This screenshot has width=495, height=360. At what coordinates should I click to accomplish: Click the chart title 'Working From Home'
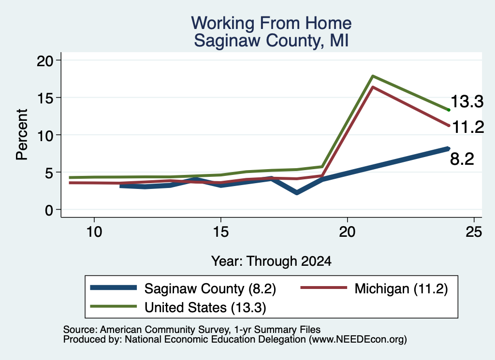pyautogui.click(x=271, y=23)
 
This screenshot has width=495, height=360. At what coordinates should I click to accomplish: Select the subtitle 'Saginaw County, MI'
pyautogui.click(x=271, y=41)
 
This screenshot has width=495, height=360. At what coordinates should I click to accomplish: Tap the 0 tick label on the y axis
pyautogui.click(x=49, y=210)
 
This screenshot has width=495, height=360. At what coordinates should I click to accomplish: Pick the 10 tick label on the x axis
pyautogui.click(x=94, y=232)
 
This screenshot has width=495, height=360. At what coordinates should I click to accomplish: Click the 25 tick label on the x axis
pyautogui.click(x=474, y=232)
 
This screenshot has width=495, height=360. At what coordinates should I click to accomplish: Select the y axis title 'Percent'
pyautogui.click(x=22, y=135)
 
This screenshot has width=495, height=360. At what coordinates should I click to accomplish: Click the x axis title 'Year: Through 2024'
pyautogui.click(x=271, y=261)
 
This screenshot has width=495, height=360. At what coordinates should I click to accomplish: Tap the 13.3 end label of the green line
pyautogui.click(x=467, y=101)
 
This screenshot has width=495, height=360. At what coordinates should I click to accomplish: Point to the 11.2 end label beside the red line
pyautogui.click(x=468, y=127)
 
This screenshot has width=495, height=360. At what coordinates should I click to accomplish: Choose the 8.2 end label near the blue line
pyautogui.click(x=462, y=158)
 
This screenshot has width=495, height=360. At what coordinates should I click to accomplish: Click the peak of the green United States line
pyautogui.click(x=373, y=76)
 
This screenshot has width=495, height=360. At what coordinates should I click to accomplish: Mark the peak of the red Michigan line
pyautogui.click(x=373, y=87)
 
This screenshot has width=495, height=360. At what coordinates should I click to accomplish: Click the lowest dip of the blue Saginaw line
pyautogui.click(x=297, y=192)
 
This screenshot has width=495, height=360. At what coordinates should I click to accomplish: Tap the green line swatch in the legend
pyautogui.click(x=113, y=306)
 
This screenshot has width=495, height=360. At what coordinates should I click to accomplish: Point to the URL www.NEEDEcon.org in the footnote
pyautogui.click(x=358, y=339)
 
